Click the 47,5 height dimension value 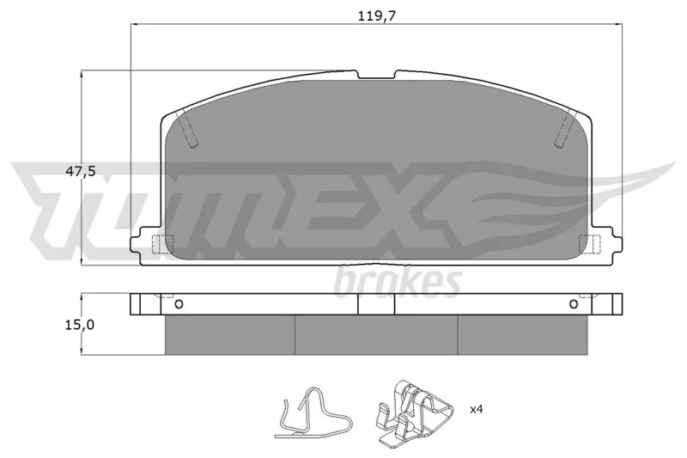(x=80, y=171)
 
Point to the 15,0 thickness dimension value (x=79, y=325)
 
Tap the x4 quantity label (x=477, y=410)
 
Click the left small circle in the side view (x=179, y=304)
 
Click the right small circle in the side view (x=574, y=304)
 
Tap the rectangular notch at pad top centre (x=376, y=75)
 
